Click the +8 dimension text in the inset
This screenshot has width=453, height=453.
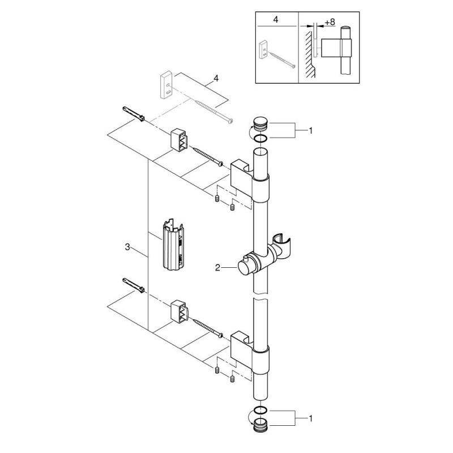coord(330,22)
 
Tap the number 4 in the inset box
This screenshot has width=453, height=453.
coord(276,20)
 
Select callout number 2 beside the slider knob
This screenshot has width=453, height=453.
coord(217,268)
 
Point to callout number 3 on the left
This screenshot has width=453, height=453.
coord(127,247)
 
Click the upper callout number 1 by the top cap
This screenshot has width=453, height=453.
coord(310,131)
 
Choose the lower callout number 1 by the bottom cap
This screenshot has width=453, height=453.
coord(310,418)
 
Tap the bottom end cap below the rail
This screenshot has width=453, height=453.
coord(261,424)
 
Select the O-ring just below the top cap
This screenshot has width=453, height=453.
coord(261,139)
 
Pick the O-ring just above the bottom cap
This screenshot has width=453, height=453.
coord(261,410)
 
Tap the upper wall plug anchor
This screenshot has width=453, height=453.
coord(134,114)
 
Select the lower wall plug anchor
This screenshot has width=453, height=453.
coord(134,285)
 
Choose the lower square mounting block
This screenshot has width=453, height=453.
coord(180,311)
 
